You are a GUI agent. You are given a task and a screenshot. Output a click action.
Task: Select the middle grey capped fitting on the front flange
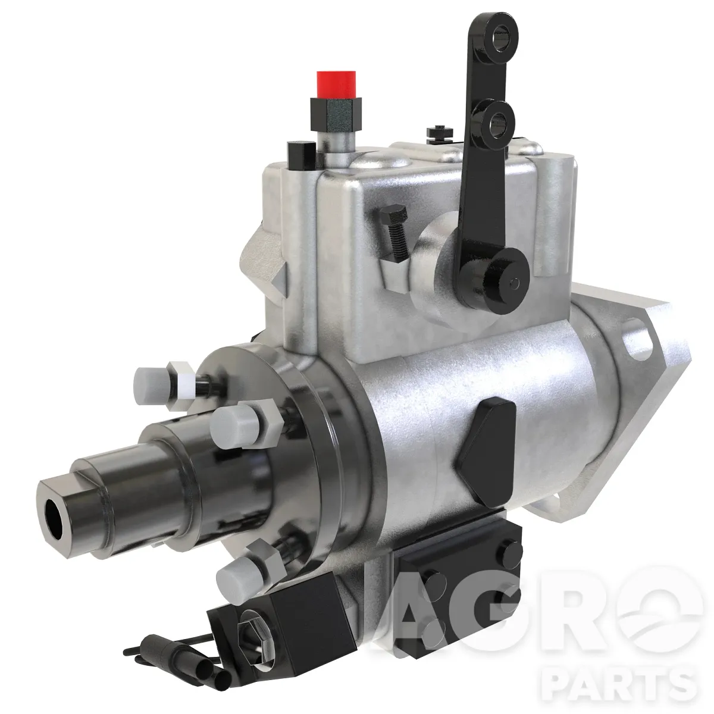click(x=236, y=426)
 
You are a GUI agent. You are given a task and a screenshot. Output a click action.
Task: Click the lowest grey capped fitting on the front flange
click(x=239, y=577)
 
